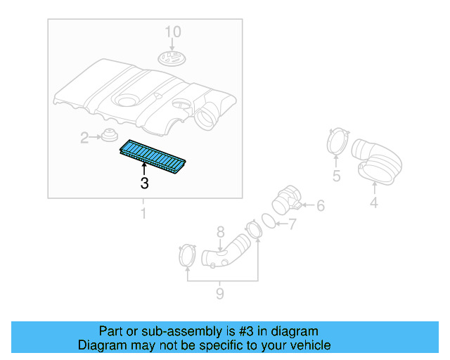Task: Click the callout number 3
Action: coord(144,184)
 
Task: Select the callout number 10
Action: coord(172,32)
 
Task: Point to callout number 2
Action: coord(84,139)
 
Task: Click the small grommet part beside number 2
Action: coord(109,135)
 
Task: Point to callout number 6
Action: coord(320,205)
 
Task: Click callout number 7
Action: coord(292,225)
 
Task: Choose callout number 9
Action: coord(220,293)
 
